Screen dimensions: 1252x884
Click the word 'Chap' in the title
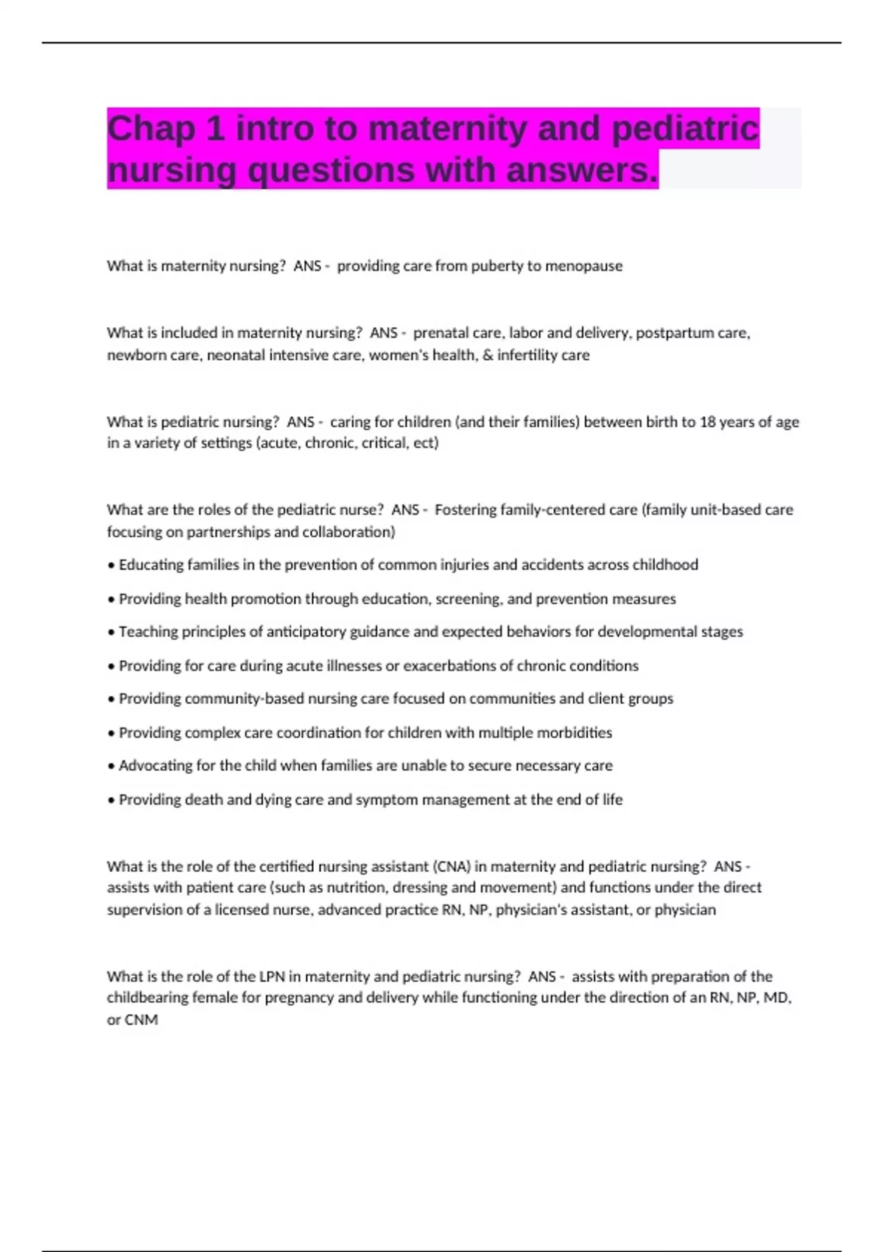[x=151, y=130]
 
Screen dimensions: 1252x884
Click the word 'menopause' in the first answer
[x=583, y=266]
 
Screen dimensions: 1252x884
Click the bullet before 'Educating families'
[x=111, y=566]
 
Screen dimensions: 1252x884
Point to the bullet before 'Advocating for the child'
[x=111, y=767]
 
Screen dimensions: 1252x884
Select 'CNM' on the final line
[x=141, y=1020]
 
